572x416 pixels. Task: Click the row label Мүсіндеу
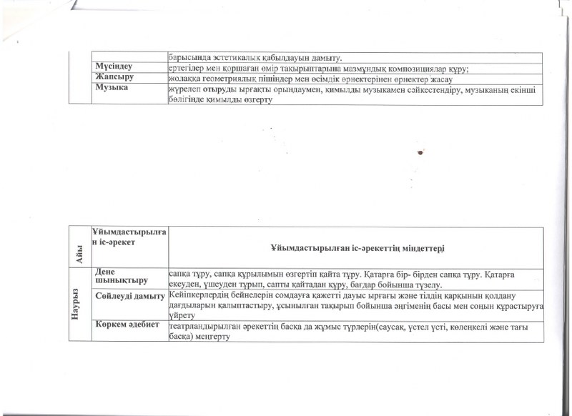114,66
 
